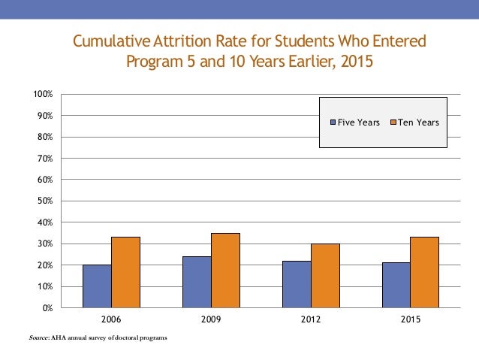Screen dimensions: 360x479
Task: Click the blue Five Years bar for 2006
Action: pos(97,286)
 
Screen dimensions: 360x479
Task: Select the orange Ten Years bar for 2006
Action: pos(125,272)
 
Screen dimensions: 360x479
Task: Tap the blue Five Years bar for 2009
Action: pos(197,282)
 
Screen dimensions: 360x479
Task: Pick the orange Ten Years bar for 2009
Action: pos(225,270)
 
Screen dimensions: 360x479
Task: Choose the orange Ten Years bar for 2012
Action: pos(325,275)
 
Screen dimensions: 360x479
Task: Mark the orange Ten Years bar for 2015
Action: pos(425,272)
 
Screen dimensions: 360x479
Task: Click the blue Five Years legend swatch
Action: pos(333,123)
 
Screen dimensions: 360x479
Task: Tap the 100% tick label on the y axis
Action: pos(42,94)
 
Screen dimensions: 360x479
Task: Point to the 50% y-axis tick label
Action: pos(44,201)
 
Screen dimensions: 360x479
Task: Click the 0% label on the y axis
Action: pos(47,308)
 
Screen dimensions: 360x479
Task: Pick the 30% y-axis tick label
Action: pos(44,244)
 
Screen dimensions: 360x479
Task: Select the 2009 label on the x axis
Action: pos(211,319)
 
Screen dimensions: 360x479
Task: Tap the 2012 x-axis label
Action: pos(311,319)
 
